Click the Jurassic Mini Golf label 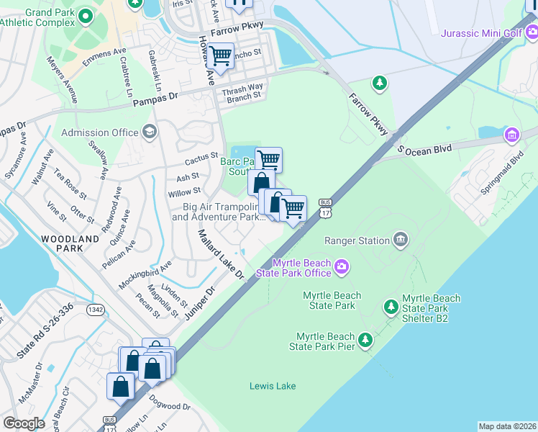click(x=480, y=33)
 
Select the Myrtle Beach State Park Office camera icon click(x=342, y=268)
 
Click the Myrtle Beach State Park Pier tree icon click(x=366, y=338)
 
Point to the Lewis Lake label click(x=273, y=386)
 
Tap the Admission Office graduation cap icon click(x=149, y=132)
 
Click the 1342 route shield click(x=96, y=310)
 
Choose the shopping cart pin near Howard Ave click(x=220, y=55)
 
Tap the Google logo click(x=24, y=423)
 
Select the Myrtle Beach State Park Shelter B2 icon click(x=391, y=308)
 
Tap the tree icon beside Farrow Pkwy click(x=379, y=83)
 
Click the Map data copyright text click(x=507, y=426)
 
